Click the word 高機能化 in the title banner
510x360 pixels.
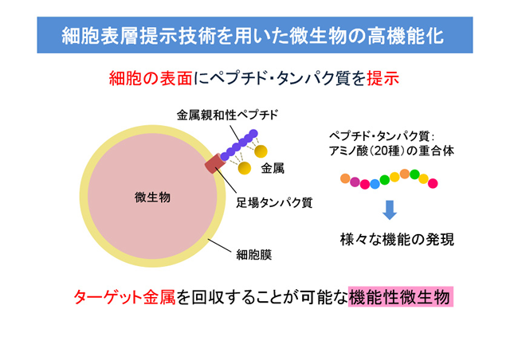tap(406, 36)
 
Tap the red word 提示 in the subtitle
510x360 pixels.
tap(382, 78)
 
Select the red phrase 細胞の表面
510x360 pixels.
tap(151, 78)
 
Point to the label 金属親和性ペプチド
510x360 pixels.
tap(228, 115)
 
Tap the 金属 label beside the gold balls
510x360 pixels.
tap(273, 169)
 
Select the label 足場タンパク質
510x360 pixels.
tap(274, 202)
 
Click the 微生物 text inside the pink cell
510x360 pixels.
tap(152, 198)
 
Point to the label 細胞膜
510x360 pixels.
tap(254, 255)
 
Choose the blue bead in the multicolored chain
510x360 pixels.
tap(375, 184)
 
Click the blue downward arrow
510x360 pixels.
tap(390, 209)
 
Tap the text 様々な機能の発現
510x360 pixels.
tap(397, 240)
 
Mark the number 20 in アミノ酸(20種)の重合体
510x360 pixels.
tap(381, 151)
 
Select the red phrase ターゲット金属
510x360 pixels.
tap(124, 297)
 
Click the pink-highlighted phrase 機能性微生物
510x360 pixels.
tap(401, 296)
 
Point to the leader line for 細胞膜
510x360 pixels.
tap(220, 245)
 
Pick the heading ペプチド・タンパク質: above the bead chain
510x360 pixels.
tap(382, 136)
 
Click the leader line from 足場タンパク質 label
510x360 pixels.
tap(225, 182)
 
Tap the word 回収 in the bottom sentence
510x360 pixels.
tap(208, 297)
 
